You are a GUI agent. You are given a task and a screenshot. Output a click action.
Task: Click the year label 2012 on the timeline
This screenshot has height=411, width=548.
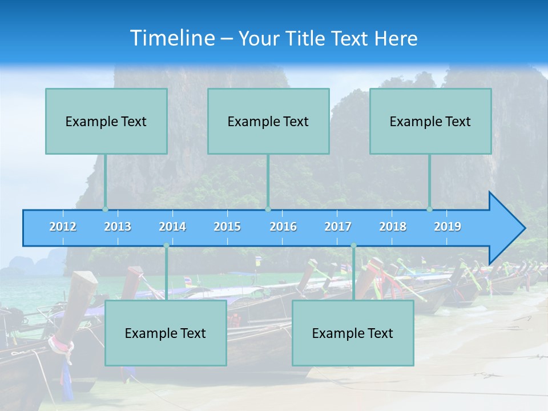point(63,227)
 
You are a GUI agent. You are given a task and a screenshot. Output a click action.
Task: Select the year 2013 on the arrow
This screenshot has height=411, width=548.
point(118,227)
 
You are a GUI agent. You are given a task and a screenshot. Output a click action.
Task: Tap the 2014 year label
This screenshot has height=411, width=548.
point(172,227)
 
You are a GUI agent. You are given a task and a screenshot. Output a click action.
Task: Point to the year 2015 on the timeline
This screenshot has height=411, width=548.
point(227,227)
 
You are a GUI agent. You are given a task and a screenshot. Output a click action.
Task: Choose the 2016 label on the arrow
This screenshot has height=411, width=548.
point(283,227)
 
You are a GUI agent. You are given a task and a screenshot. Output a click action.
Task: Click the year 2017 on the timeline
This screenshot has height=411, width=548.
point(338,227)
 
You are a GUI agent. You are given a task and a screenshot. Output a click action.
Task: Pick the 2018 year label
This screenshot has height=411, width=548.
point(393,227)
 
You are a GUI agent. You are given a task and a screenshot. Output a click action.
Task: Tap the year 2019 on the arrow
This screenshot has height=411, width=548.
point(448,227)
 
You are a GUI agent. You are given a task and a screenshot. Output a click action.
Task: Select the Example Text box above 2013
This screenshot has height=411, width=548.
point(106,121)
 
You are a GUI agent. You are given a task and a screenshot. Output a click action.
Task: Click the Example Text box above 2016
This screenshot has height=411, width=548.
point(268,121)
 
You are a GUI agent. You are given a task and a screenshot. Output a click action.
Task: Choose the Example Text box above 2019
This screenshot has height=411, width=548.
point(430,121)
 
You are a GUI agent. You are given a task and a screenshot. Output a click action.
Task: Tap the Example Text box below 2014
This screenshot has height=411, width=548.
point(166,333)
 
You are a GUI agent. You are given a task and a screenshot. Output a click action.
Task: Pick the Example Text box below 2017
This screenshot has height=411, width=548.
point(353,333)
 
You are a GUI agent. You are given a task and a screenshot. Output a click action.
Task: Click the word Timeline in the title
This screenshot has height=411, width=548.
point(172,38)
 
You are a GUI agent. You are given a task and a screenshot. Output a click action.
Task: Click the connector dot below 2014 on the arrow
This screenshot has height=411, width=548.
point(166,245)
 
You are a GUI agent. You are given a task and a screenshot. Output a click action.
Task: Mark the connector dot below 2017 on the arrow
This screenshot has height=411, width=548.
point(353,245)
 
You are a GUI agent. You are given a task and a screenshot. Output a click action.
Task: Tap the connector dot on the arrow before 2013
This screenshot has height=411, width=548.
point(106,209)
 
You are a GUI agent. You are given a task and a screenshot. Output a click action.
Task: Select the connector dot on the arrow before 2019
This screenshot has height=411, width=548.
point(430,209)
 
